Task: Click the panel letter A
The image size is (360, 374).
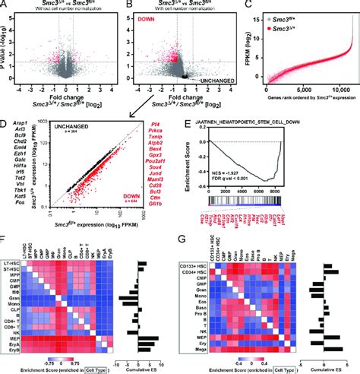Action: click(x=5, y=5)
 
